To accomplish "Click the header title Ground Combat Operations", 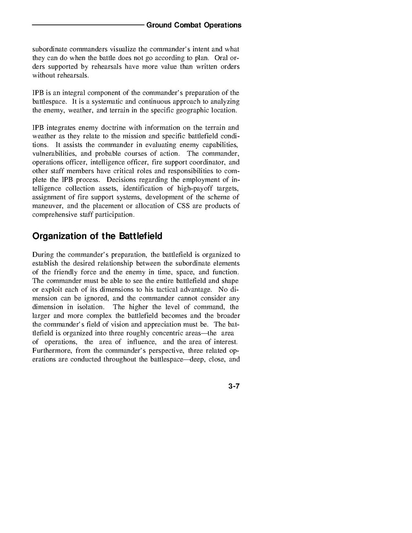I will tap(194, 25).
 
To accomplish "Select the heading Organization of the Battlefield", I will tap(97, 236).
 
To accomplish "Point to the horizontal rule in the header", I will tap(88, 25).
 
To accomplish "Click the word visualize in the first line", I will tap(106, 49).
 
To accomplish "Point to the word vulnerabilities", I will tap(53, 153).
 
